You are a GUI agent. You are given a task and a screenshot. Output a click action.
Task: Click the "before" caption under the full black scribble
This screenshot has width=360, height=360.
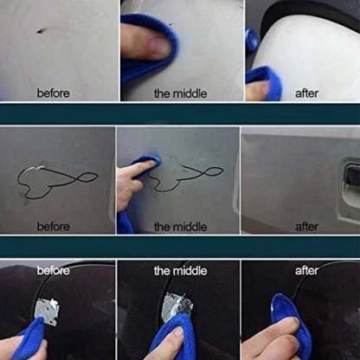pos(53,226)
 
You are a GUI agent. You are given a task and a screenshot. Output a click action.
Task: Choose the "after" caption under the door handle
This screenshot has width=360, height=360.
pos(307,226)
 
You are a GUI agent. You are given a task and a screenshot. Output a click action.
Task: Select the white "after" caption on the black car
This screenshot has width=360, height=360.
pos(307,271)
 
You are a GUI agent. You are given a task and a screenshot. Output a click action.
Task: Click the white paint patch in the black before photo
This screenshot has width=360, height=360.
pos(48,311)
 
